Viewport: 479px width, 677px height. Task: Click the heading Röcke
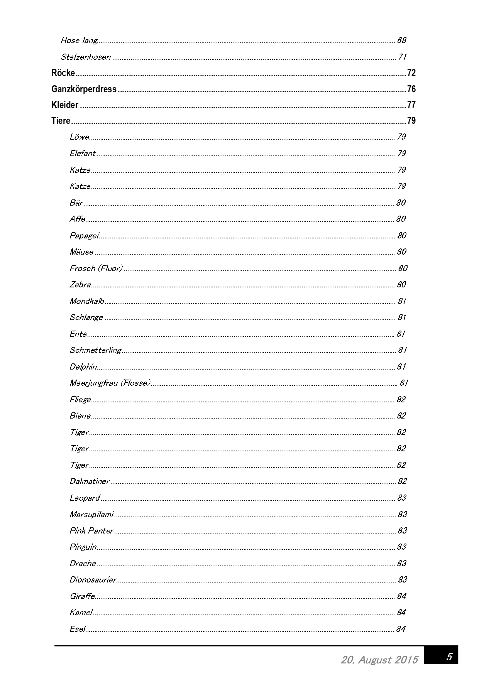tap(63, 73)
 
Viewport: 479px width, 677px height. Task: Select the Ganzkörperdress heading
tap(84, 89)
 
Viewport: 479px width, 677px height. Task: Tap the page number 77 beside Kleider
tap(411, 105)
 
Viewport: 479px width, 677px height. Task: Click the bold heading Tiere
tap(61, 121)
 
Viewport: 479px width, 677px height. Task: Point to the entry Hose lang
tap(79, 41)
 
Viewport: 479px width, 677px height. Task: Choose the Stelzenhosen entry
tap(86, 57)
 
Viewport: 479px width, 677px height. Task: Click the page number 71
tap(402, 57)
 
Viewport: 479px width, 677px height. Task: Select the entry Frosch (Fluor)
tap(96, 268)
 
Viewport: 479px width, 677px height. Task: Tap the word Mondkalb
tap(86, 301)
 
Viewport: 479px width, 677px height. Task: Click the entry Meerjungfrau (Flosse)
tap(110, 383)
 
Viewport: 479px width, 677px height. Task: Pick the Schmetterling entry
tap(95, 350)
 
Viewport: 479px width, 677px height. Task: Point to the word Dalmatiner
tap(90, 481)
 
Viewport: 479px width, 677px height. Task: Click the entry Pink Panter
tap(91, 531)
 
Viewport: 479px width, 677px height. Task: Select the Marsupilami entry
tap(91, 514)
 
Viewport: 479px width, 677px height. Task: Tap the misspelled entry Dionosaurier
tap(93, 580)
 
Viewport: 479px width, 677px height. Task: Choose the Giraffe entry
tap(82, 596)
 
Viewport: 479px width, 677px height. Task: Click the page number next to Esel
tap(401, 629)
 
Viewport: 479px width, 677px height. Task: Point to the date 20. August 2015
tap(379, 660)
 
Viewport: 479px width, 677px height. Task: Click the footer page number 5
tap(449, 657)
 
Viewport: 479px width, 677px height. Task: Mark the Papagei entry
tap(84, 235)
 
